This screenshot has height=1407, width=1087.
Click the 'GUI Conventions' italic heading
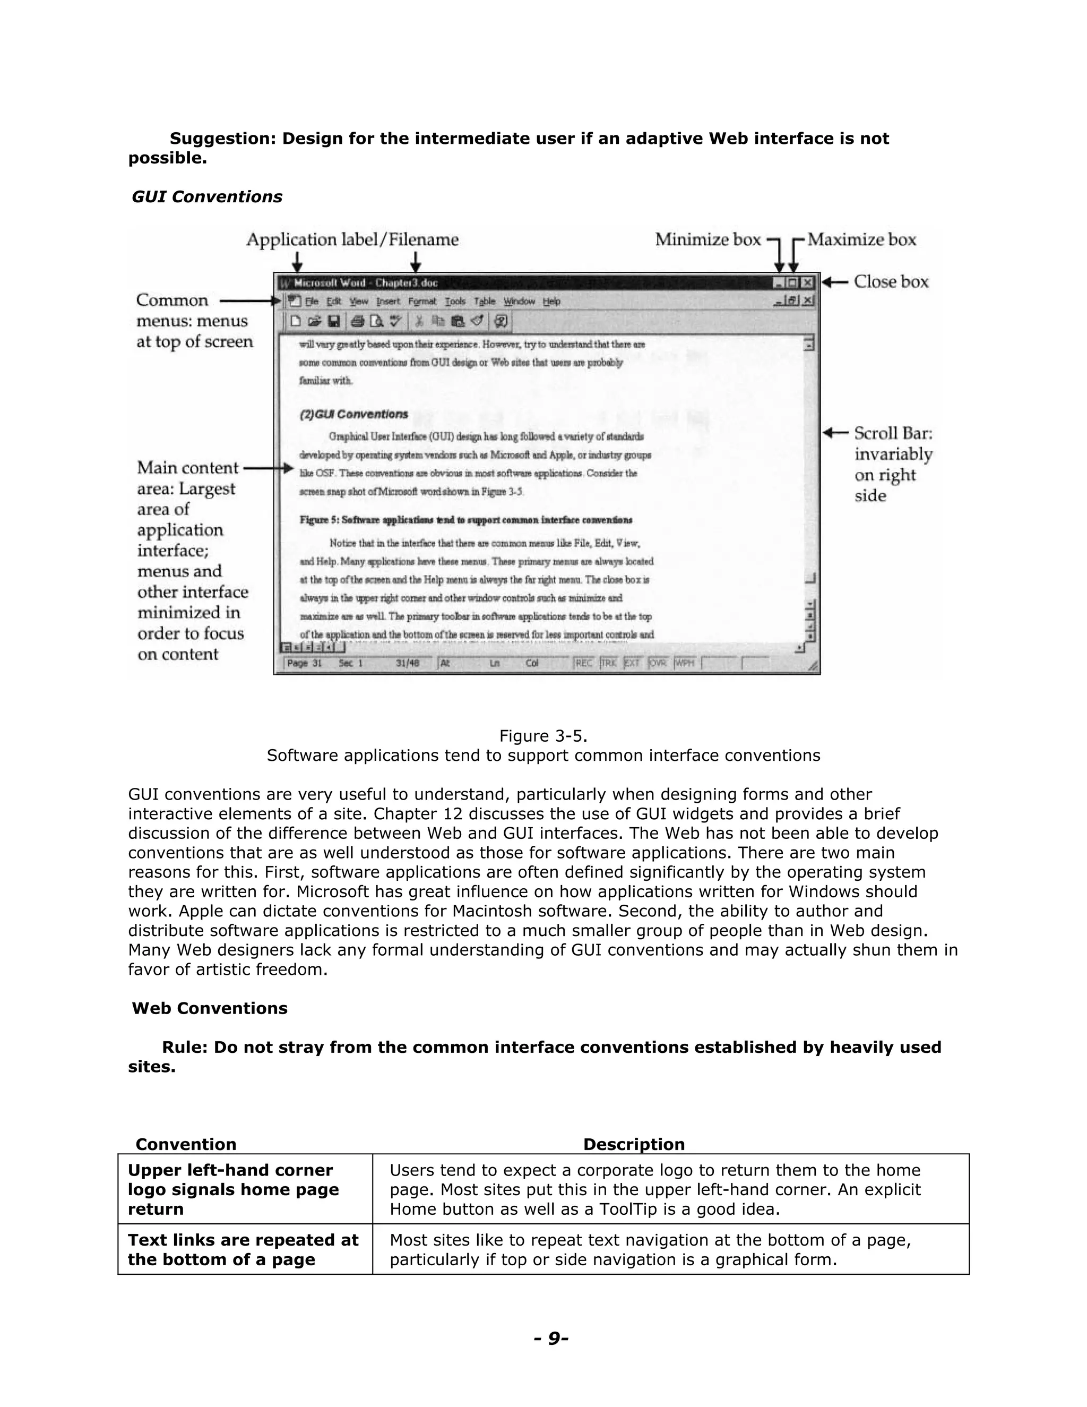[x=206, y=196]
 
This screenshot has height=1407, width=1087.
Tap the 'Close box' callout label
[x=891, y=281]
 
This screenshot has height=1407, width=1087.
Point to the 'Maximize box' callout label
[x=861, y=239]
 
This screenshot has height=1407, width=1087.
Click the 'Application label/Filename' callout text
[x=352, y=239]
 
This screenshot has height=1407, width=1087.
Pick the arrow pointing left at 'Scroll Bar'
[x=835, y=432]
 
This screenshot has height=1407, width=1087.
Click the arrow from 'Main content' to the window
[x=269, y=468]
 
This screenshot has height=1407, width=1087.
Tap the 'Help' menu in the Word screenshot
[x=551, y=301]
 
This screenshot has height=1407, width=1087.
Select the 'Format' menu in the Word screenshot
[x=422, y=301]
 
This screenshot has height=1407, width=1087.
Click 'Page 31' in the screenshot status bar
[x=304, y=663]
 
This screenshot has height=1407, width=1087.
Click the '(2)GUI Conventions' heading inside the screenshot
[x=353, y=414]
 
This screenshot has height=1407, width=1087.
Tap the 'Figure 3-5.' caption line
[x=543, y=736]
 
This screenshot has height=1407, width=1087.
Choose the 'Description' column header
[x=634, y=1144]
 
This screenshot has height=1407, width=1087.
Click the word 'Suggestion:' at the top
[x=222, y=139]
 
